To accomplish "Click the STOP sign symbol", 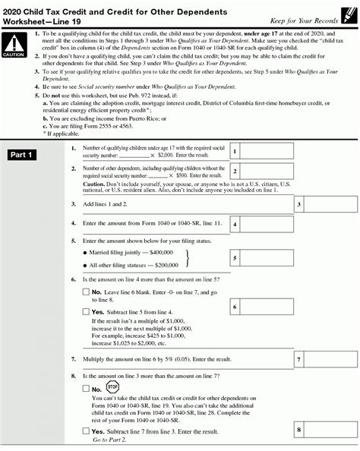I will pyautogui.click(x=112, y=385).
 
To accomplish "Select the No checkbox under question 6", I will pyautogui.click(x=85, y=292).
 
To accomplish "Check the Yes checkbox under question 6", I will pyautogui.click(x=85, y=311).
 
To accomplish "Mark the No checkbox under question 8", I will pyautogui.click(x=85, y=388).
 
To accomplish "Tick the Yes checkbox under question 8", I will pyautogui.click(x=85, y=431).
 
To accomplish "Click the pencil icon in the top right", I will pyautogui.click(x=347, y=10).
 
